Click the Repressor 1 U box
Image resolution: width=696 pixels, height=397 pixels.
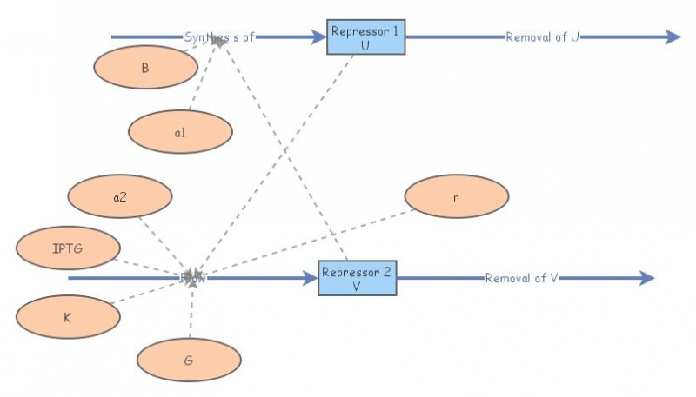tap(365, 37)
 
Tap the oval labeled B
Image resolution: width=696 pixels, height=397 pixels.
tap(144, 67)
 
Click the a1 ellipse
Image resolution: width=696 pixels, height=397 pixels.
tap(180, 133)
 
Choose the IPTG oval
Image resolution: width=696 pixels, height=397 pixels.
tap(68, 248)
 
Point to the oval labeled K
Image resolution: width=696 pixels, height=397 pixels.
tap(68, 317)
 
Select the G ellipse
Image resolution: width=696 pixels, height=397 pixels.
tap(189, 359)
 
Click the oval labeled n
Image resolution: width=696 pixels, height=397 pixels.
tap(456, 196)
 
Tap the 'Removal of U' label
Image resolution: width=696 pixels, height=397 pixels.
tap(542, 37)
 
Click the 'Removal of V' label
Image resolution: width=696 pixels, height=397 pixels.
tap(521, 278)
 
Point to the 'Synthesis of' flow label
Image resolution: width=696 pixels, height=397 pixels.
tap(219, 37)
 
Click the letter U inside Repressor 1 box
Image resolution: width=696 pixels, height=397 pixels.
tap(365, 44)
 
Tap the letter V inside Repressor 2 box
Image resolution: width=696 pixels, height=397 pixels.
tap(357, 286)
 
